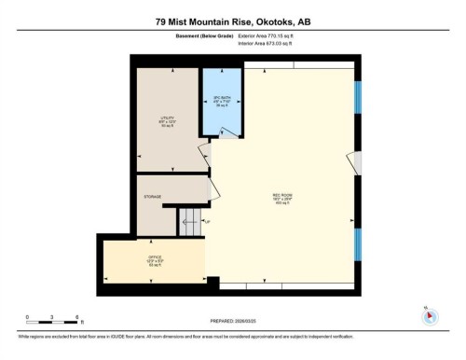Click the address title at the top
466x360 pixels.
point(232,18)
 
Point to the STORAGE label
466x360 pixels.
point(152,197)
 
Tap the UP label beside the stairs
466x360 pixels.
point(208,222)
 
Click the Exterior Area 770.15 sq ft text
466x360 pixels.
point(271,35)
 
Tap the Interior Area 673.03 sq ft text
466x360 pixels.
point(271,43)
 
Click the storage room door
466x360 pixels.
point(213,190)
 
